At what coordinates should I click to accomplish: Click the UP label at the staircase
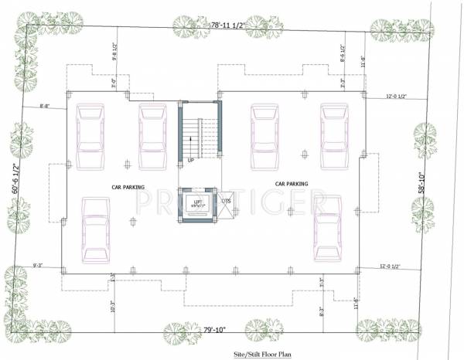(x=190, y=160)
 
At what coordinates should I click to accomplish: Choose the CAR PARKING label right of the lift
(x=292, y=184)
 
